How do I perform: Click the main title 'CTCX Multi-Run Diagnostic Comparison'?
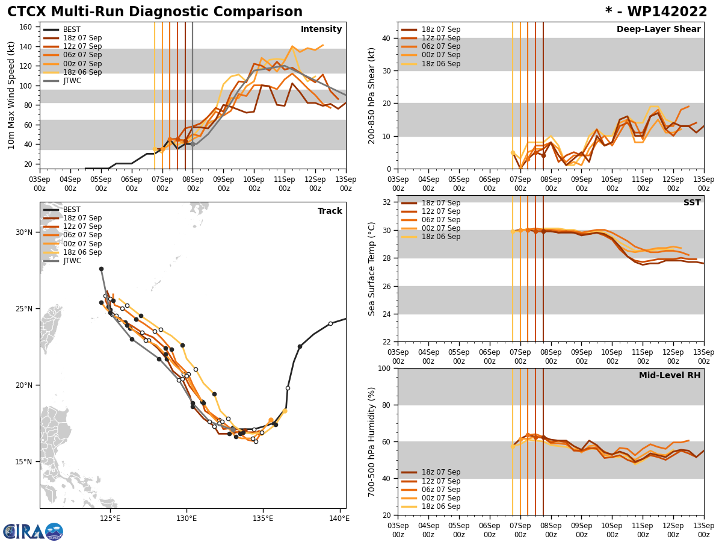coord(155,12)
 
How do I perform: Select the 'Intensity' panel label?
coord(321,30)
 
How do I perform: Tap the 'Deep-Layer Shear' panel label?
coord(658,30)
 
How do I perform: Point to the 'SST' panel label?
coord(692,203)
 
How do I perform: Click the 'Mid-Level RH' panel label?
coord(670,376)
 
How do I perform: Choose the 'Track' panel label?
coord(330,211)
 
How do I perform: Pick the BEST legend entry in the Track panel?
coord(72,210)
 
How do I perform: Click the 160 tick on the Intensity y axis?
coord(26,27)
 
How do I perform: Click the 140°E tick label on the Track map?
coord(339,518)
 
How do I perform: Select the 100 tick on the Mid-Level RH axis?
coord(386,368)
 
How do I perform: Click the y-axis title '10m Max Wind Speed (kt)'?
coord(11,95)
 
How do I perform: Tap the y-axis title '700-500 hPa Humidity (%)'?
coord(372,441)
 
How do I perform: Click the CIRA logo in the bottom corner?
coord(33,532)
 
